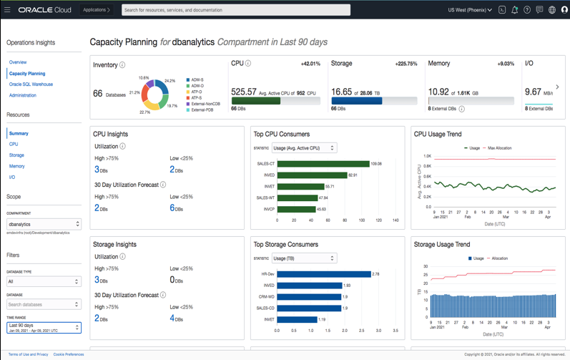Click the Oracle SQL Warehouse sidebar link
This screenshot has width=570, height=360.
pyautogui.click(x=31, y=84)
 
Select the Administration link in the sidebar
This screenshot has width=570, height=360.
pyautogui.click(x=23, y=95)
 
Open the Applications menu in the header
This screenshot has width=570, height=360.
pyautogui.click(x=96, y=10)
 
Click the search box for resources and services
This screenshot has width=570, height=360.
pyautogui.click(x=235, y=10)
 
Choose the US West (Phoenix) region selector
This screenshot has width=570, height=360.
pyautogui.click(x=470, y=10)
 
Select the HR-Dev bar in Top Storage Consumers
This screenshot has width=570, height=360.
pyautogui.click(x=324, y=274)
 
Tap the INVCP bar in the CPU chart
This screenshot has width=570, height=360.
pyautogui.click(x=296, y=209)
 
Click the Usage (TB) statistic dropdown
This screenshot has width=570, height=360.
pyautogui.click(x=304, y=258)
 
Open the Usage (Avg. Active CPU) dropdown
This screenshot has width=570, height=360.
pyautogui.click(x=304, y=148)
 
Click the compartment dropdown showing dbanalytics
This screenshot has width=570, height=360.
pyautogui.click(x=44, y=224)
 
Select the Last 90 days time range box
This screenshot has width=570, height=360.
pyautogui.click(x=44, y=328)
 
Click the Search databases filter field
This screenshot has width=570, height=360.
pyautogui.click(x=44, y=304)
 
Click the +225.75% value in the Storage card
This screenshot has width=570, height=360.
pyautogui.click(x=406, y=64)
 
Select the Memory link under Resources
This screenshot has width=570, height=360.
pyautogui.click(x=17, y=166)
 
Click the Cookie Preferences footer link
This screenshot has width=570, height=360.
pyautogui.click(x=69, y=354)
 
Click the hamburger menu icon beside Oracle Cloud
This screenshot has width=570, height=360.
pyautogui.click(x=7, y=10)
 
